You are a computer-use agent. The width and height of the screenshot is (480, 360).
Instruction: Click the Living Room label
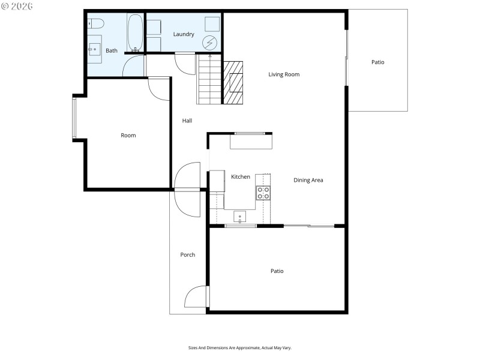(284, 74)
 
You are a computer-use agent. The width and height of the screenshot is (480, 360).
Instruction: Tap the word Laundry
(184, 34)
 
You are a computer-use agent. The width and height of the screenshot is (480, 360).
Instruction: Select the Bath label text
(112, 51)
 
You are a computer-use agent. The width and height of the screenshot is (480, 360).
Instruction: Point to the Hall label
(187, 121)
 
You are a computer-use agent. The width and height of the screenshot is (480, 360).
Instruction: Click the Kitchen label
(241, 177)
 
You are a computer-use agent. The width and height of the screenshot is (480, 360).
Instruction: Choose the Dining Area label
(308, 180)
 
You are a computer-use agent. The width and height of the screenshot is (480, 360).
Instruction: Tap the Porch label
(188, 255)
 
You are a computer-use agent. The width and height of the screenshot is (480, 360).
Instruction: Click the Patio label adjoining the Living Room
(377, 62)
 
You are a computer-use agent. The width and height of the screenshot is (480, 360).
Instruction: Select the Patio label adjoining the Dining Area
(277, 271)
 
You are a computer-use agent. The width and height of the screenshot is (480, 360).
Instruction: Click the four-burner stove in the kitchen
(263, 193)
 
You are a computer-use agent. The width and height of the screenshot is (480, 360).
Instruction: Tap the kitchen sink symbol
(240, 217)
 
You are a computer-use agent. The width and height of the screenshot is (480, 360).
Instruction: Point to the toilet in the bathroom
(95, 23)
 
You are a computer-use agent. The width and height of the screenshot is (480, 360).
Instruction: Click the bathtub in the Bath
(135, 33)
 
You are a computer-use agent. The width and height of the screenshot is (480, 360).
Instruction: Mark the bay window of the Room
(75, 118)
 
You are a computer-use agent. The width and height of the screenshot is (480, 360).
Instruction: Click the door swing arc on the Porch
(195, 298)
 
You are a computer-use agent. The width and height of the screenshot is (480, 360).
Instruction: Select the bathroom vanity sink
(95, 49)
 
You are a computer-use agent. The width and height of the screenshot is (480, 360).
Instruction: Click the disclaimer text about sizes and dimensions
(240, 347)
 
